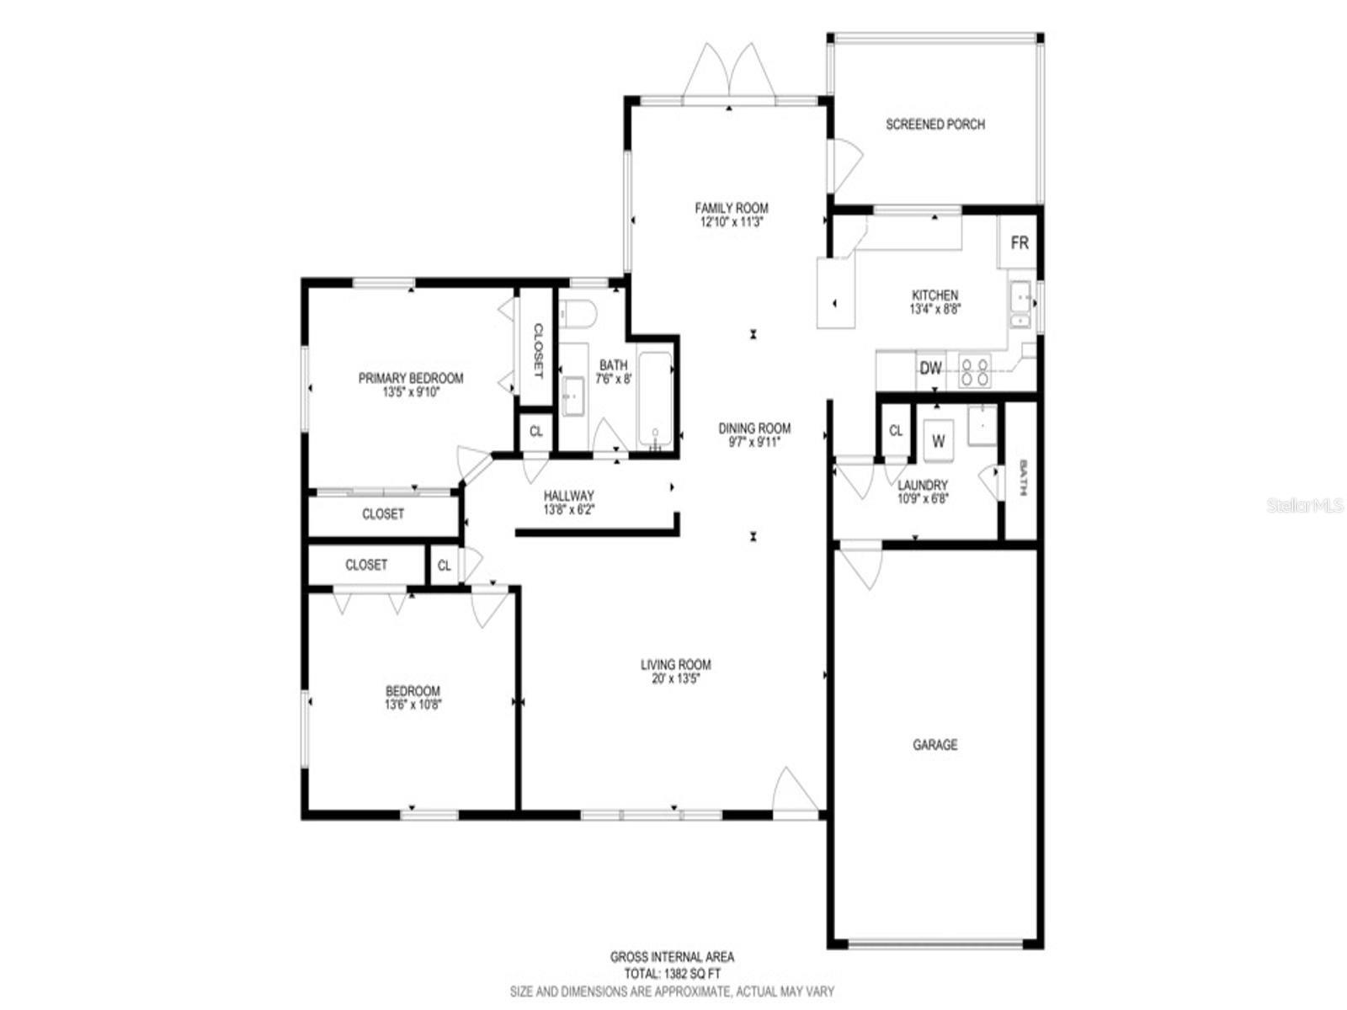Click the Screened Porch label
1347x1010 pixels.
(x=934, y=125)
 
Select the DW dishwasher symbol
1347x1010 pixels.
(x=930, y=369)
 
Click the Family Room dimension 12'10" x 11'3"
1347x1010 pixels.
(x=731, y=222)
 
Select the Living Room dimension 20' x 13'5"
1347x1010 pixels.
(x=676, y=679)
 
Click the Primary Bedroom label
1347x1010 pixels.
(x=411, y=378)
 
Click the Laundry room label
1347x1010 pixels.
(x=923, y=485)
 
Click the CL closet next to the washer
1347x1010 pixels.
(x=896, y=430)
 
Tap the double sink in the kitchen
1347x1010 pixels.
(x=1020, y=306)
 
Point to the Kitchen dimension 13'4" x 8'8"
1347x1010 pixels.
(x=934, y=309)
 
